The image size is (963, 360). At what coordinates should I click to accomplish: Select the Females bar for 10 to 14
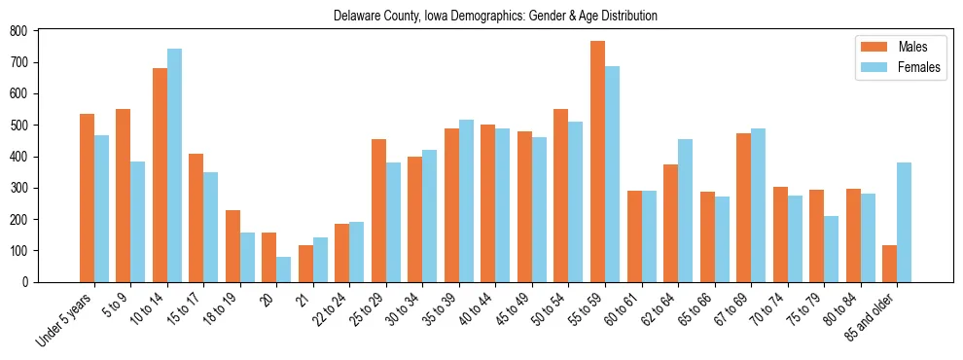pos(174,165)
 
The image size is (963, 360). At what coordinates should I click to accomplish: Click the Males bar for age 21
pos(305,264)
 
